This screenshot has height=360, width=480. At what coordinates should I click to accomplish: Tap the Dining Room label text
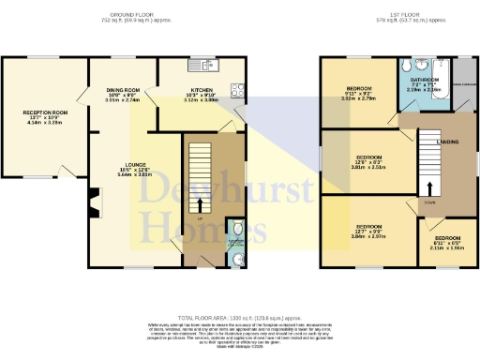coord(123,95)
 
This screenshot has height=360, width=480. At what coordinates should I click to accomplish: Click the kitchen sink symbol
coord(201,66)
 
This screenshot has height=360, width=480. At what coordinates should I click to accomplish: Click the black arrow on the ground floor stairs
coord(200,203)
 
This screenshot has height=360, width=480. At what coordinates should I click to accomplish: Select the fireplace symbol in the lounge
coord(93,200)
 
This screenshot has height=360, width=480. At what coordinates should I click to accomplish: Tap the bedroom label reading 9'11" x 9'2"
coord(361,93)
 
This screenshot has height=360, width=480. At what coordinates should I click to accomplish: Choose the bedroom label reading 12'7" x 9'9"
coord(369,232)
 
